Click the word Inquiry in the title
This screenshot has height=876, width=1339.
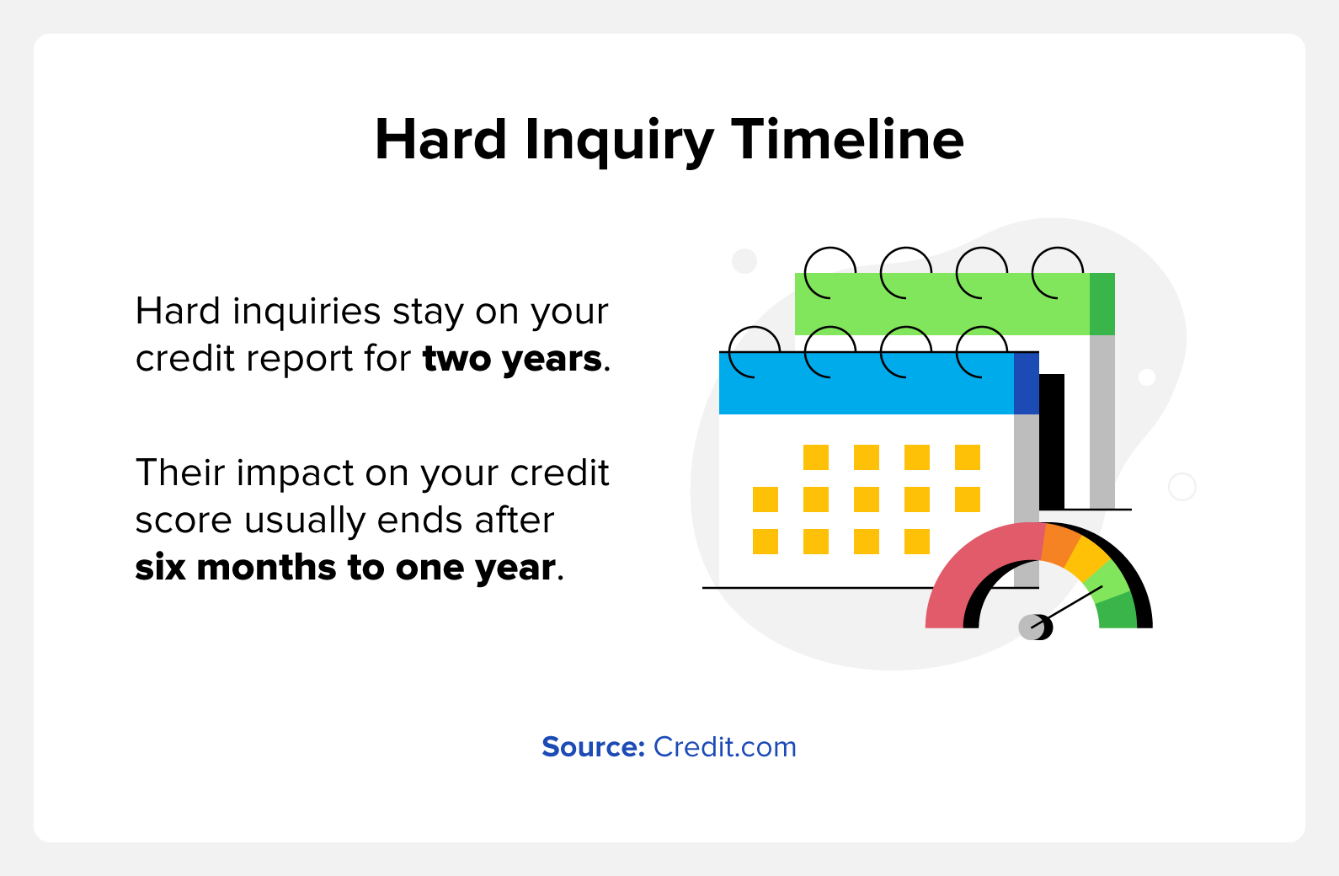coord(619,142)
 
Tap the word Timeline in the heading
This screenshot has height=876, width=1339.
coord(848,139)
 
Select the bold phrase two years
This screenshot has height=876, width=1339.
coord(512,360)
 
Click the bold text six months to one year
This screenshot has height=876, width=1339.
coord(345,568)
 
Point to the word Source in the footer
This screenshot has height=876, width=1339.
coord(593,747)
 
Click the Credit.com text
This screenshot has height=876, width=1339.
coord(724,747)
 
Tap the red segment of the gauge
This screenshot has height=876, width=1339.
coord(975,568)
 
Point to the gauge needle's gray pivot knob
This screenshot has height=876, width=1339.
coord(1033,628)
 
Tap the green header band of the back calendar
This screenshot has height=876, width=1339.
coord(942,304)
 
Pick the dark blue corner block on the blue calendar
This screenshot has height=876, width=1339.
coord(1027,383)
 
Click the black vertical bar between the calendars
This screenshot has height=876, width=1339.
coord(1052,442)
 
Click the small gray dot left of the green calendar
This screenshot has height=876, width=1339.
coord(744,261)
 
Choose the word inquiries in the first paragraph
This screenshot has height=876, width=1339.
coord(307,312)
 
